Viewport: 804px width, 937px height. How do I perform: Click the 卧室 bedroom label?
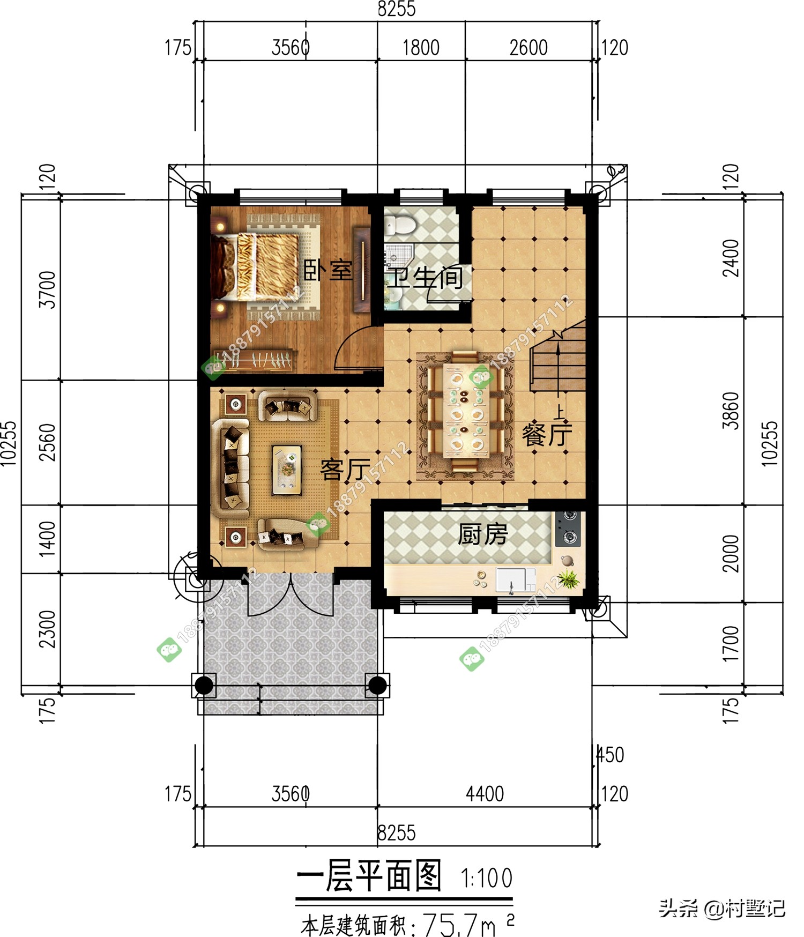click(328, 270)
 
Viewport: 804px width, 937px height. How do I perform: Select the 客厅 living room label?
click(345, 470)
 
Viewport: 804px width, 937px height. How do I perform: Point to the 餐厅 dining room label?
click(547, 434)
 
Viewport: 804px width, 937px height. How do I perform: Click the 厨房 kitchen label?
click(482, 534)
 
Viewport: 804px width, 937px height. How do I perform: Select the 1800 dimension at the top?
click(421, 48)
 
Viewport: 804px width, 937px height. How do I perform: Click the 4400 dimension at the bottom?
click(485, 794)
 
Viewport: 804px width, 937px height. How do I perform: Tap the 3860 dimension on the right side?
click(731, 411)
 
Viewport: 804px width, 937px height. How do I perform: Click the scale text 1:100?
click(487, 878)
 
